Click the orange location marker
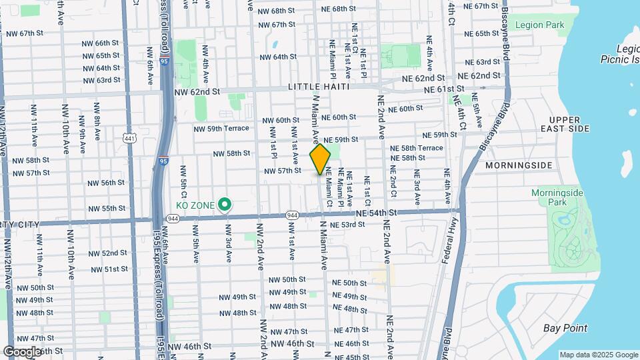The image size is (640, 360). tap(320, 159)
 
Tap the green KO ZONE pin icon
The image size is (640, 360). tap(225, 205)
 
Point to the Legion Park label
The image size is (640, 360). tap(540, 25)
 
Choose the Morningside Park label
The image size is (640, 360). tap(557, 197)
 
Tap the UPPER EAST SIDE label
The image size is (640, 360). tap(565, 123)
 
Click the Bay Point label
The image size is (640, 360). tap(565, 327)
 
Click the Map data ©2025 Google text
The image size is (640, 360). tap(598, 355)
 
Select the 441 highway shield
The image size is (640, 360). tap(129, 137)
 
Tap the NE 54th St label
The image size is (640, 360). tap(376, 213)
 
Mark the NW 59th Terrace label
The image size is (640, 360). tap(221, 129)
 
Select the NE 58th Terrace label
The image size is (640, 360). tap(417, 148)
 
